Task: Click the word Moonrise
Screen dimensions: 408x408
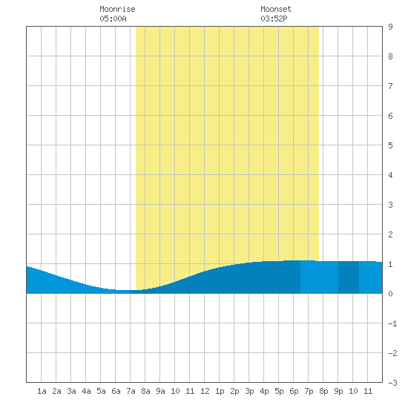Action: pyautogui.click(x=117, y=9)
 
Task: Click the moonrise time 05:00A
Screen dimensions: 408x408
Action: pyautogui.click(x=113, y=19)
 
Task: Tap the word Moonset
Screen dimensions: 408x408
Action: pyautogui.click(x=276, y=9)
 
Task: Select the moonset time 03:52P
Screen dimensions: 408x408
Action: pyautogui.click(x=274, y=19)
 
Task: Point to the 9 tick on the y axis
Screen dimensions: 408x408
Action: pyautogui.click(x=390, y=27)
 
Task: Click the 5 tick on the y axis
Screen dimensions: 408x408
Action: pyautogui.click(x=390, y=145)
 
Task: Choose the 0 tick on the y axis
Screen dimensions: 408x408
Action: pyautogui.click(x=390, y=294)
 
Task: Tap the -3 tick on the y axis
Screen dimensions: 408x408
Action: pyautogui.click(x=392, y=383)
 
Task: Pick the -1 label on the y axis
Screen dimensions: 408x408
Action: pyautogui.click(x=392, y=323)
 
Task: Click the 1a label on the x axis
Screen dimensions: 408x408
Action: pyautogui.click(x=42, y=391)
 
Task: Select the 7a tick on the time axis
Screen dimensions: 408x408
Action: pyautogui.click(x=131, y=391)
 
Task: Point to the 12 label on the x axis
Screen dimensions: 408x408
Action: pyautogui.click(x=205, y=391)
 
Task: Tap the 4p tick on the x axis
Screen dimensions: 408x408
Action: pyautogui.click(x=264, y=391)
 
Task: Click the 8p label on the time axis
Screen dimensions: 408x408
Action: pyautogui.click(x=323, y=391)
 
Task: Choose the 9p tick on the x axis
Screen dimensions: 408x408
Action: pyautogui.click(x=338, y=391)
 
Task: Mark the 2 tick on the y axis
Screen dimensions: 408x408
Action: pyautogui.click(x=390, y=234)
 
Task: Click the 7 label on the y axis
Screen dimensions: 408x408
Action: pyautogui.click(x=390, y=86)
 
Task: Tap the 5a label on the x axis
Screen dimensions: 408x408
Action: pyautogui.click(x=101, y=391)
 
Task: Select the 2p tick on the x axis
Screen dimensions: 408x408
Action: pyautogui.click(x=234, y=391)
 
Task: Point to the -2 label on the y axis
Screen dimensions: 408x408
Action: pyautogui.click(x=392, y=353)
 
